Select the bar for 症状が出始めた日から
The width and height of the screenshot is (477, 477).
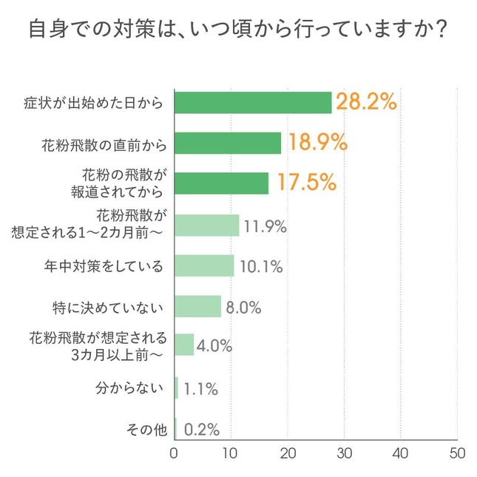click(x=253, y=103)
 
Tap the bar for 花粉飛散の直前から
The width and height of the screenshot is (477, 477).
click(x=228, y=143)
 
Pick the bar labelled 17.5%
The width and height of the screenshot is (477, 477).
click(x=222, y=183)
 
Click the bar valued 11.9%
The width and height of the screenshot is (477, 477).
click(x=207, y=225)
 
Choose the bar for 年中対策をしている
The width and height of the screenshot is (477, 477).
click(x=204, y=265)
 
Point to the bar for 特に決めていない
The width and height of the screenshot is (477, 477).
click(x=198, y=306)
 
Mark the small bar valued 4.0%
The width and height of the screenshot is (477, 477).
click(x=184, y=345)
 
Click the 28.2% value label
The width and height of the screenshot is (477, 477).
click(x=366, y=102)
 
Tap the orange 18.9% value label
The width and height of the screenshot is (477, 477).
click(x=316, y=143)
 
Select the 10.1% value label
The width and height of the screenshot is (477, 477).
click(x=261, y=266)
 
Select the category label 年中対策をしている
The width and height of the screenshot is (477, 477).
click(x=104, y=265)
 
